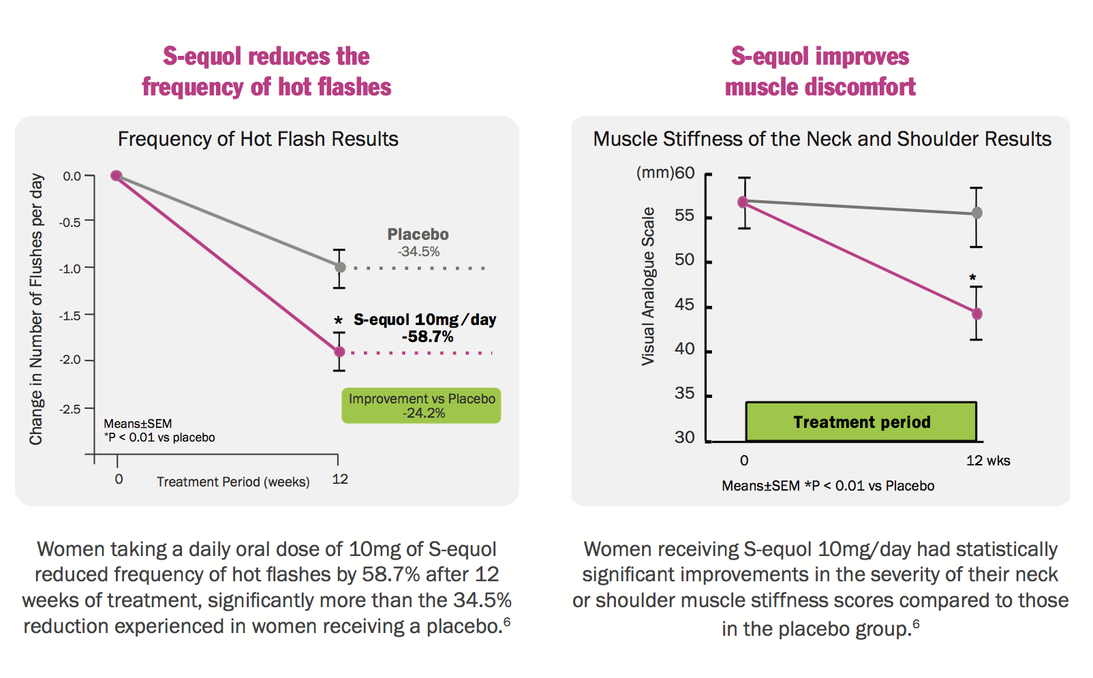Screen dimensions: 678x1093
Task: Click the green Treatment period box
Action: pyautogui.click(x=861, y=422)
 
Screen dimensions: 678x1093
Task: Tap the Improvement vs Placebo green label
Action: pyautogui.click(x=421, y=405)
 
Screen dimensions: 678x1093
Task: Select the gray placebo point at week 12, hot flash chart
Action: pyautogui.click(x=340, y=268)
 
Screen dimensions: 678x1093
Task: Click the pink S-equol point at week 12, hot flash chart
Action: pyautogui.click(x=339, y=352)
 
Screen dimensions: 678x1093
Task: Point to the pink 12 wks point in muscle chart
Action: pyautogui.click(x=976, y=314)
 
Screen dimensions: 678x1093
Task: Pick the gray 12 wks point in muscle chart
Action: pyautogui.click(x=976, y=213)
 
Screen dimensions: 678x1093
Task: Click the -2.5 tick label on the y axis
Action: pyautogui.click(x=70, y=409)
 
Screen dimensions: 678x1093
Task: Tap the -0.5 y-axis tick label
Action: pyautogui.click(x=70, y=222)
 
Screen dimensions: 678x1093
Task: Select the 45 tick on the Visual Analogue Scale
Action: pyautogui.click(x=684, y=305)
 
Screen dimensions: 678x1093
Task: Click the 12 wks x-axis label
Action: pyautogui.click(x=987, y=461)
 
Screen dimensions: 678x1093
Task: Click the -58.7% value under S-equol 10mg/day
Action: pyautogui.click(x=427, y=337)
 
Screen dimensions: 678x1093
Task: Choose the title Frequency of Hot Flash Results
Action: pyautogui.click(x=258, y=139)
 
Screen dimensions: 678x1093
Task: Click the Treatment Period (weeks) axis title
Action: pyautogui.click(x=233, y=482)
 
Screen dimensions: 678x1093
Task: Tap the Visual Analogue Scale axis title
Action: pyautogui.click(x=648, y=286)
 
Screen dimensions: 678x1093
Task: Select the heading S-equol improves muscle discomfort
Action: pyautogui.click(x=820, y=72)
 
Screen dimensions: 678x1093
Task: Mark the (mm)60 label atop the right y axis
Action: pyautogui.click(x=665, y=173)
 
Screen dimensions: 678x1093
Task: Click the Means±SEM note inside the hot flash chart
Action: pyautogui.click(x=138, y=424)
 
